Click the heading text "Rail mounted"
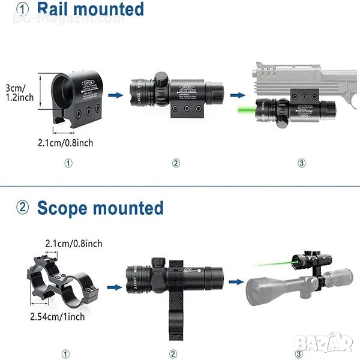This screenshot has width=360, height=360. [x=99, y=10]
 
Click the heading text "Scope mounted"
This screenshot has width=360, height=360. [x=100, y=208]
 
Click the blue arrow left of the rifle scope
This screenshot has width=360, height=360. [x=239, y=282]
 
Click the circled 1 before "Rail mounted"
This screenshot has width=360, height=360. [x=23, y=10]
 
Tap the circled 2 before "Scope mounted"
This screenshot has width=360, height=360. [x=23, y=208]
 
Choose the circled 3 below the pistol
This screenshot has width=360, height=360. [x=301, y=163]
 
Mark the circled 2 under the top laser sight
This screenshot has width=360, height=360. [x=176, y=163]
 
